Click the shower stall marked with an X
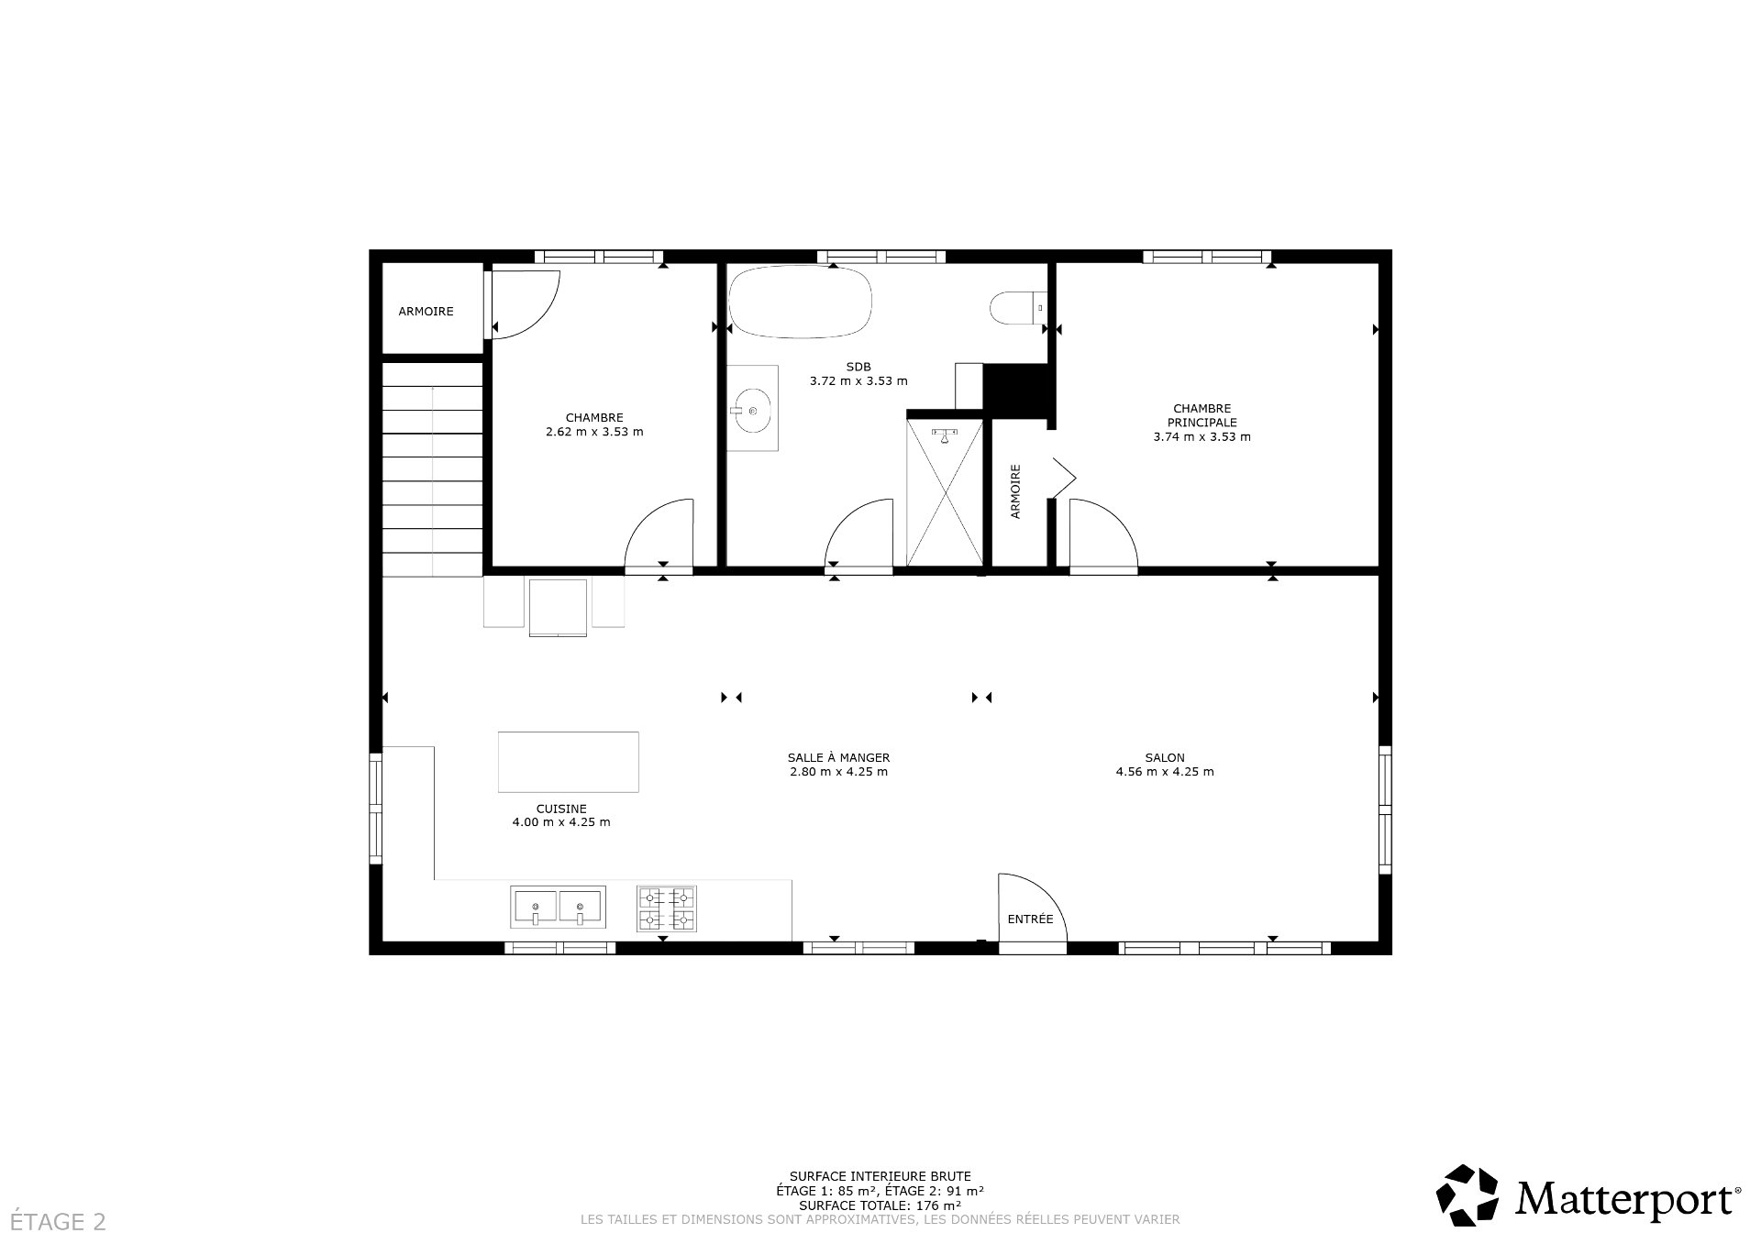click(944, 493)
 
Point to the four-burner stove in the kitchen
click(667, 908)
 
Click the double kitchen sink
click(558, 908)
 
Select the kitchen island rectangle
click(568, 762)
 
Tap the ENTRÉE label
click(1030, 919)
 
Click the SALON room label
click(1164, 758)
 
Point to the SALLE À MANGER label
click(838, 758)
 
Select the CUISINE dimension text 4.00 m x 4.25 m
click(560, 822)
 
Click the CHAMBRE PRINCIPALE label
click(1202, 415)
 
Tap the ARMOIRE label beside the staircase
click(426, 312)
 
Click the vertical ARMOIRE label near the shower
click(1015, 491)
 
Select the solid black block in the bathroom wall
click(1015, 389)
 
